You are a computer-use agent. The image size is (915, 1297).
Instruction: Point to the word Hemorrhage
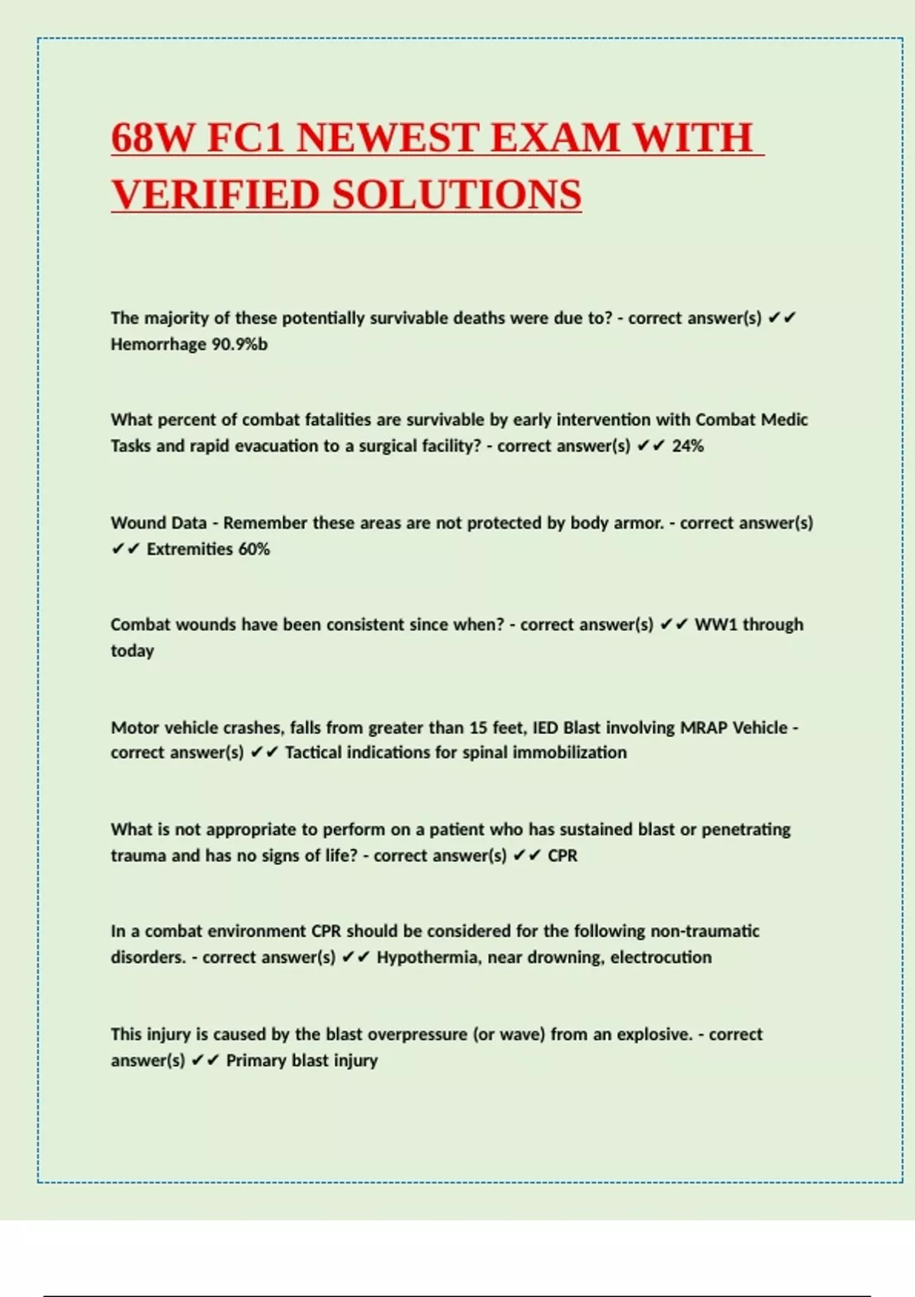click(x=158, y=344)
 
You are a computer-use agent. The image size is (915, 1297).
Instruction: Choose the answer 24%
click(x=688, y=446)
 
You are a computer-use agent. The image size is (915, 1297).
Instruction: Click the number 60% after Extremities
click(x=254, y=549)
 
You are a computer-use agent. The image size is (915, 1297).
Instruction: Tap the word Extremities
click(x=190, y=549)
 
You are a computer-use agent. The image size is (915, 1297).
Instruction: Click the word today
click(x=132, y=651)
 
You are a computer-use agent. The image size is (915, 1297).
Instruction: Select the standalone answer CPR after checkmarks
click(x=563, y=855)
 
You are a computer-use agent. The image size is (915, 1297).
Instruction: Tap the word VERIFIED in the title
click(x=215, y=195)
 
